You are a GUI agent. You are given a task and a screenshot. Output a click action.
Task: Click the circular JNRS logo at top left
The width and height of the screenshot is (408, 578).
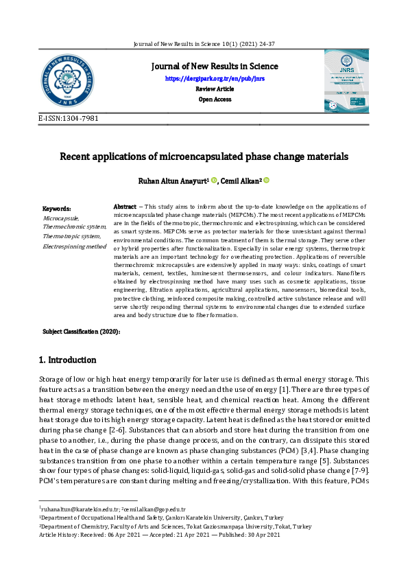pyautogui.click(x=67, y=85)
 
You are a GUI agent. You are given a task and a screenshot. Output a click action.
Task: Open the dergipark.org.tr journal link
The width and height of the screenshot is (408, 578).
pyautogui.click(x=215, y=79)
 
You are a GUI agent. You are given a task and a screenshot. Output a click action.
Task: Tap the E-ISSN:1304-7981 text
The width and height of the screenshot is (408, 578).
pyautogui.click(x=69, y=119)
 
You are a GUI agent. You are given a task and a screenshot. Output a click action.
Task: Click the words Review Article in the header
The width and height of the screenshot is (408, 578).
pyautogui.click(x=215, y=89)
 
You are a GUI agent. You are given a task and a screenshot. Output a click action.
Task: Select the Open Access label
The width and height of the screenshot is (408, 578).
pyautogui.click(x=215, y=100)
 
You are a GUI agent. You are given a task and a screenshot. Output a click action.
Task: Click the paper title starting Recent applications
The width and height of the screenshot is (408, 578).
pyautogui.click(x=204, y=157)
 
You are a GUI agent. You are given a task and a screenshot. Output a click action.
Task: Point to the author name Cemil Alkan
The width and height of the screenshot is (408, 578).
pyautogui.click(x=239, y=181)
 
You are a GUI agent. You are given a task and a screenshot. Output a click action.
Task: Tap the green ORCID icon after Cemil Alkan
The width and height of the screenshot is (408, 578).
pyautogui.click(x=267, y=180)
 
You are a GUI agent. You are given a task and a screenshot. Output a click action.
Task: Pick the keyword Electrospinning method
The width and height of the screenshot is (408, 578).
pyautogui.click(x=74, y=246)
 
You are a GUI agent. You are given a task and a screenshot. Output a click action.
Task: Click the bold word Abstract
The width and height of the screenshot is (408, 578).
pyautogui.click(x=124, y=207)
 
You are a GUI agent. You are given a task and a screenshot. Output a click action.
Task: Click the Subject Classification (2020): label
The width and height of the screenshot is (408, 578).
pyautogui.click(x=82, y=332)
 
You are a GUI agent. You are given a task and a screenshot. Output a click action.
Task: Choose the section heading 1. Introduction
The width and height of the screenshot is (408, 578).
pyautogui.click(x=67, y=360)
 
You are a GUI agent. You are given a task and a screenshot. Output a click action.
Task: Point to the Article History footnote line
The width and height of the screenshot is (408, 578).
pyautogui.click(x=159, y=535)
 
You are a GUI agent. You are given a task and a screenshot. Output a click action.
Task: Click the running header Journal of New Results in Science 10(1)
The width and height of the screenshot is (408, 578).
pyautogui.click(x=204, y=44)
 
